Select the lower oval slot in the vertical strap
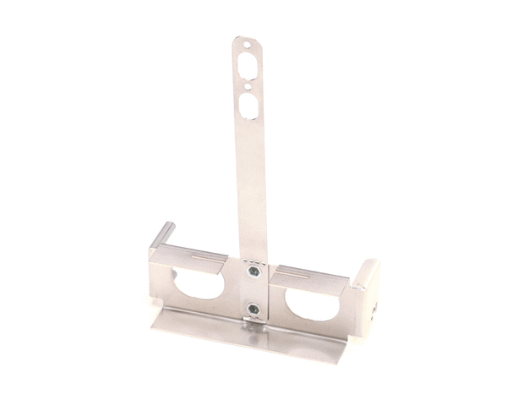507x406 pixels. (x=250, y=106)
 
